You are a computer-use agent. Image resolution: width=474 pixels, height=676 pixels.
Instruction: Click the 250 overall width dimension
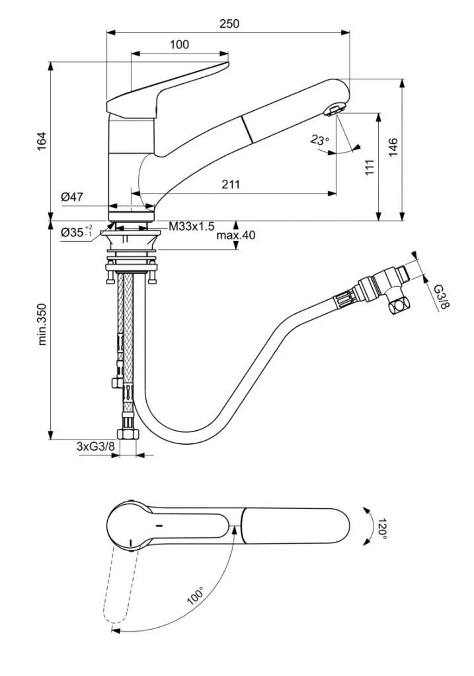229,24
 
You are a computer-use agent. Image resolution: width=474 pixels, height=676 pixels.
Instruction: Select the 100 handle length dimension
179,45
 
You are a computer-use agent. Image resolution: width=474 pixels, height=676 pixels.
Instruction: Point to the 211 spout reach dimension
230,185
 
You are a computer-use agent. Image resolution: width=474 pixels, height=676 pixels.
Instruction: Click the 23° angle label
320,140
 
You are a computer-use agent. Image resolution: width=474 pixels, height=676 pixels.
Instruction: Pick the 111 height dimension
370,167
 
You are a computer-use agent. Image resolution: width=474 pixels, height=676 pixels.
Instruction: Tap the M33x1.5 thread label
191,226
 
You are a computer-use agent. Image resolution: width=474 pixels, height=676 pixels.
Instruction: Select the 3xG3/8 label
96,447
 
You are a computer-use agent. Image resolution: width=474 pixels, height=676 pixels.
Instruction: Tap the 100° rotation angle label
196,596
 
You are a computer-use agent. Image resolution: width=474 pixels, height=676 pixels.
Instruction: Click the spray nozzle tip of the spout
335,109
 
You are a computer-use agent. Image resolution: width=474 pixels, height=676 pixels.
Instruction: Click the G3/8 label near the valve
441,296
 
